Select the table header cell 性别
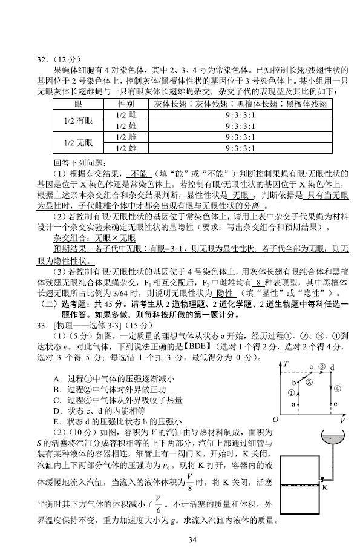[x=126, y=104]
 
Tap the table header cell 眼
[x=77, y=104]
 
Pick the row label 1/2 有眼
[x=78, y=120]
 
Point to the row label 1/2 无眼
[x=78, y=142]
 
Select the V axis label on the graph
[x=342, y=420]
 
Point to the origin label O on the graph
[x=275, y=419]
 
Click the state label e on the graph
[x=335, y=404]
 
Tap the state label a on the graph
[x=293, y=403]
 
